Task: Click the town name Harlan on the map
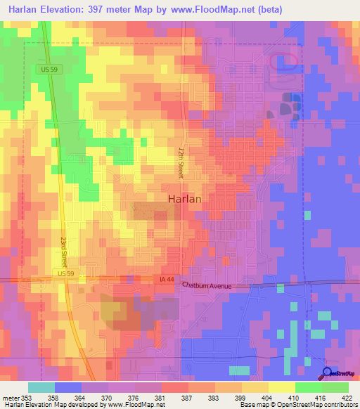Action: click(185, 199)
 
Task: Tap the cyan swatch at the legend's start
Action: click(41, 387)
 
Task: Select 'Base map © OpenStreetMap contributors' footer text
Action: click(299, 405)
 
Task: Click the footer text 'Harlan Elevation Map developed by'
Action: click(52, 405)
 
